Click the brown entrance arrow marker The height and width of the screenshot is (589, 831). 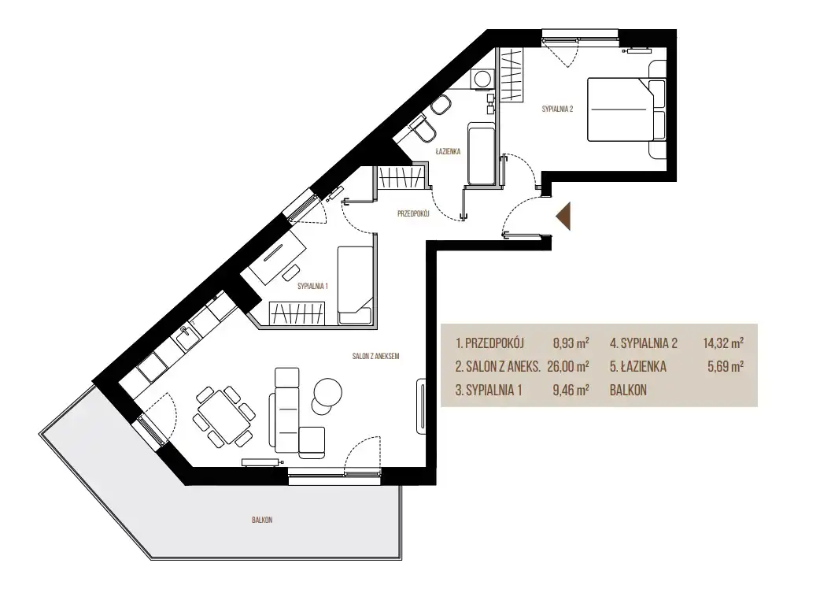564,217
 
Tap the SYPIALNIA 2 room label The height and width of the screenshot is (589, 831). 557,109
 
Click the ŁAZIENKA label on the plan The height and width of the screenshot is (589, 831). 448,151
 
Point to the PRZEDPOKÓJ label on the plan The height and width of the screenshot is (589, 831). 413,214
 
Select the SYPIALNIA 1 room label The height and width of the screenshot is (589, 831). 312,287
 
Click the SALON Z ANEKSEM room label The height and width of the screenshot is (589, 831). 375,357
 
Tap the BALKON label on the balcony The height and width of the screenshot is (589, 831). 262,520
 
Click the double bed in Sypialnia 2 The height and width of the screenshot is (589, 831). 626,110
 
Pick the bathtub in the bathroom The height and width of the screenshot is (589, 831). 482,154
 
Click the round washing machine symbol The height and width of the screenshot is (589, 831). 482,80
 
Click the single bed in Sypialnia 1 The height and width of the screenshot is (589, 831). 355,285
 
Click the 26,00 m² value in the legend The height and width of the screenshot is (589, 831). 568,366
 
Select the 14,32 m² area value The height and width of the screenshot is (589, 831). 723,343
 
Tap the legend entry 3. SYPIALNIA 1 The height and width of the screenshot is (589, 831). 489,391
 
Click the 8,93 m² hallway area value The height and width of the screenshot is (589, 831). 571,343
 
